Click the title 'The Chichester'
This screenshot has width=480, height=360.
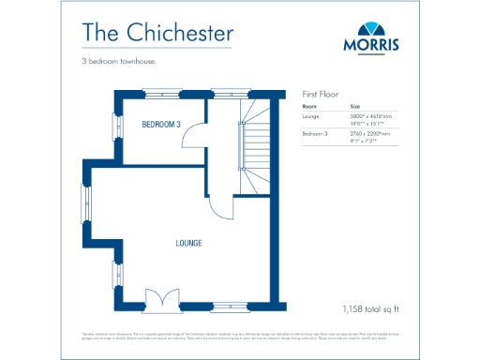(x=157, y=32)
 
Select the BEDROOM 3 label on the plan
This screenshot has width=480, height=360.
(x=160, y=124)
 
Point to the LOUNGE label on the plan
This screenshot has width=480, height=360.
(x=188, y=243)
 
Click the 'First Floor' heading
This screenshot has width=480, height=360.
(x=320, y=95)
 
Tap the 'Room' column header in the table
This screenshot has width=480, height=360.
(x=309, y=106)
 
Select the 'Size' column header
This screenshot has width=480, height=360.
(x=354, y=106)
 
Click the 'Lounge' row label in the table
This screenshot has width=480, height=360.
(x=311, y=116)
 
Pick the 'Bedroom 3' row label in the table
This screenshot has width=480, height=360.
(x=315, y=135)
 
